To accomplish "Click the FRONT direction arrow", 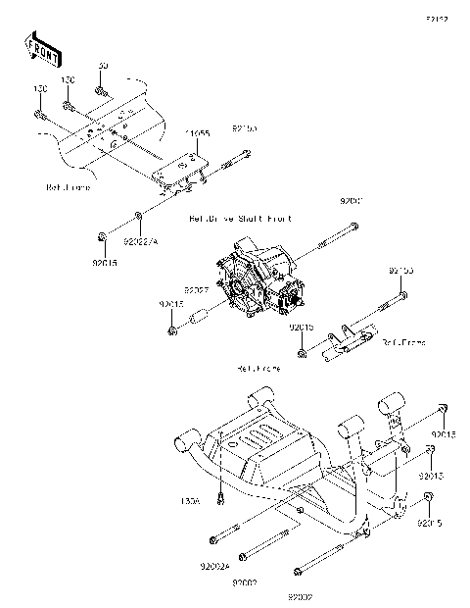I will point(40,46).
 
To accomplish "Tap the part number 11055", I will point(200,132).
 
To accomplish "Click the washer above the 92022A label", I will point(139,215).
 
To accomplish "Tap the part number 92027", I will point(197,290).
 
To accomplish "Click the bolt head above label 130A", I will point(224,498).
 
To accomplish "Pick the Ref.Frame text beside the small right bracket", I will point(404,342).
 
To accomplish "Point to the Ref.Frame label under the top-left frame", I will point(68,186).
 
